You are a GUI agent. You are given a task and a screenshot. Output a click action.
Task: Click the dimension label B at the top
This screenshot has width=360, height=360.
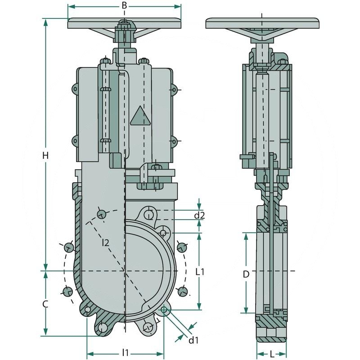tap(125, 5)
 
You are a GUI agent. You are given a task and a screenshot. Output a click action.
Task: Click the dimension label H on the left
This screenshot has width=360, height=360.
tap(45, 156)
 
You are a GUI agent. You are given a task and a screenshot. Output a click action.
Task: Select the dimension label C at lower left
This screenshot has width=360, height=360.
tap(45, 304)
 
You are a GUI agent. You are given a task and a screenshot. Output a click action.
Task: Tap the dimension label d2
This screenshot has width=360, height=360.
tap(199, 216)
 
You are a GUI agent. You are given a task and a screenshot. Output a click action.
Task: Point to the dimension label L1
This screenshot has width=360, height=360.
tap(200, 272)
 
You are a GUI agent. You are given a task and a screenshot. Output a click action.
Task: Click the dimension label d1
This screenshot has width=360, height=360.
tap(193, 340)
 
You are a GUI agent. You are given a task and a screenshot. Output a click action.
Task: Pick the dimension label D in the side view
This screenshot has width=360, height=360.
tap(246, 274)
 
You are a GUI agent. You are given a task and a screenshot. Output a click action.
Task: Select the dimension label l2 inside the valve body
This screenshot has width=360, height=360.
tap(105, 243)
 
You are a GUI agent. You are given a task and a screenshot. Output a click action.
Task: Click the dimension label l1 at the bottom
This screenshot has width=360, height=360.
tap(126, 352)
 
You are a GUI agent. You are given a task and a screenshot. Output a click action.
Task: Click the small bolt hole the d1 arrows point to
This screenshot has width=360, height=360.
tap(164, 310)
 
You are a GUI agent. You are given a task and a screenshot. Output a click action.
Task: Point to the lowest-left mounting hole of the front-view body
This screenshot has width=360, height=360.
tap(103, 328)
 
